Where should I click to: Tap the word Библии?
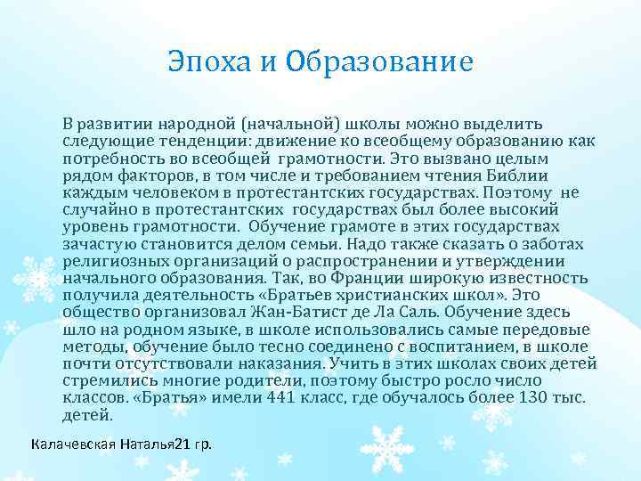[x=548, y=175]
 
